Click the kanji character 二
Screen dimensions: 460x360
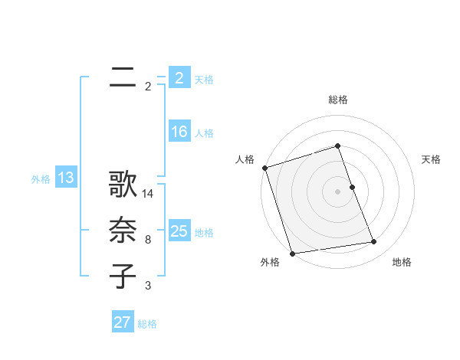point(123,77)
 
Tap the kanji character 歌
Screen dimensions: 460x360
point(123,185)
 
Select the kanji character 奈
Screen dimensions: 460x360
point(123,231)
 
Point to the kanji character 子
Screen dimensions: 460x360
point(123,277)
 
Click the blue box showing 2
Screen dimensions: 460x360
point(179,78)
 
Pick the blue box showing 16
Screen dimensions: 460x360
point(179,132)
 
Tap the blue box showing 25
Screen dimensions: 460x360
point(179,231)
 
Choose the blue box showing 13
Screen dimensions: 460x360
point(65,178)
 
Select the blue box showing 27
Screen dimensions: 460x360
point(123,322)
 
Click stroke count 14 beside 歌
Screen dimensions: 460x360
point(148,195)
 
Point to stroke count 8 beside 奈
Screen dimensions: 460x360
point(148,241)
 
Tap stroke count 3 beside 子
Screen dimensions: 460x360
point(148,286)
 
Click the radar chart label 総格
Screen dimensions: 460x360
point(338,100)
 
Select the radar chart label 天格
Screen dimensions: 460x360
point(431,159)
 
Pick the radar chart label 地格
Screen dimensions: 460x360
point(402,262)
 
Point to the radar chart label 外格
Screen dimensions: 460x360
point(270,262)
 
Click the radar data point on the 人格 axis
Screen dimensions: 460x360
point(264,168)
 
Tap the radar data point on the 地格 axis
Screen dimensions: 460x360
point(374,242)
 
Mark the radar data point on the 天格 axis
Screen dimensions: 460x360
point(352,187)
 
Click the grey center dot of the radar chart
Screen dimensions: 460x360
point(338,191)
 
